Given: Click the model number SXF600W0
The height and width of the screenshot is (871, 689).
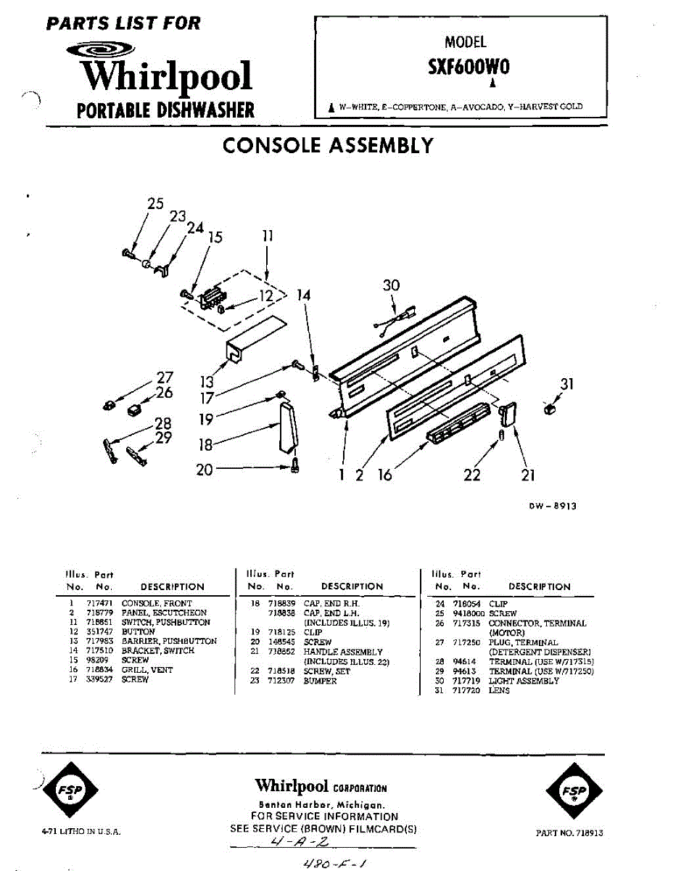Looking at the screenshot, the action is [469, 67].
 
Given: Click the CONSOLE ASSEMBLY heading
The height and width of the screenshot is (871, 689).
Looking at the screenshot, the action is [328, 145].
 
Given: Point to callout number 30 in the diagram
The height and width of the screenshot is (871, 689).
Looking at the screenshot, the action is [391, 285].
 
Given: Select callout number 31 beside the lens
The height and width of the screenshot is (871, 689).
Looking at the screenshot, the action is [566, 384].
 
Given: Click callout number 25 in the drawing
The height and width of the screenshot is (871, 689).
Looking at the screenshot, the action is [155, 204].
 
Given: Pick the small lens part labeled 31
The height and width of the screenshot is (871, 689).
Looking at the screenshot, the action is [549, 410].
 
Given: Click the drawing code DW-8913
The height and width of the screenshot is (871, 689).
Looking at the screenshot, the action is [552, 507].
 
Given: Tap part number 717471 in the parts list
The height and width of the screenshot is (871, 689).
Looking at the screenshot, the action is [98, 603].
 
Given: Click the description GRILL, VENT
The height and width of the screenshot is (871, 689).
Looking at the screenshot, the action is [147, 670].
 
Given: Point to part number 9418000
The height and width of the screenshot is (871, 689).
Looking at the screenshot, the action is [469, 613].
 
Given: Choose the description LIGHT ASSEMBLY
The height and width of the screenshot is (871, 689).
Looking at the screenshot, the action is [524, 681].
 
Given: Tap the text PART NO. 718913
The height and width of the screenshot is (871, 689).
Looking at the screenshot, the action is [569, 833].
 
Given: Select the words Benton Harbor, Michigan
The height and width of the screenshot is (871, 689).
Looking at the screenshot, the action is [321, 805].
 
